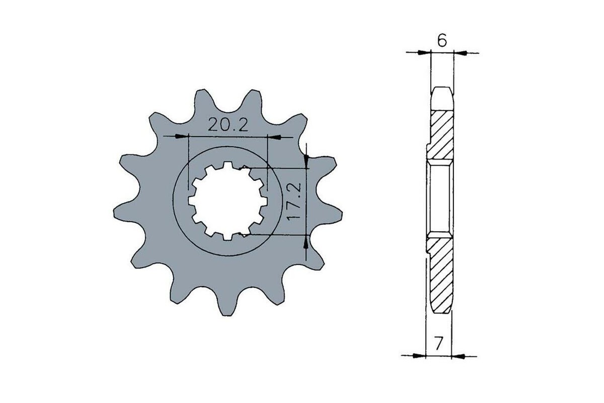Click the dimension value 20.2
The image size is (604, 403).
coord(229,125)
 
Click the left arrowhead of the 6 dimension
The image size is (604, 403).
coord(426,52)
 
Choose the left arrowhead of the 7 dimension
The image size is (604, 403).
coord(419,356)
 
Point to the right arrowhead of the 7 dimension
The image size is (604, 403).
coord(457,356)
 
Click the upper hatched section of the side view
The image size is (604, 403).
coord(441,133)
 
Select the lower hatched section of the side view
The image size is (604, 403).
coord(440,275)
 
